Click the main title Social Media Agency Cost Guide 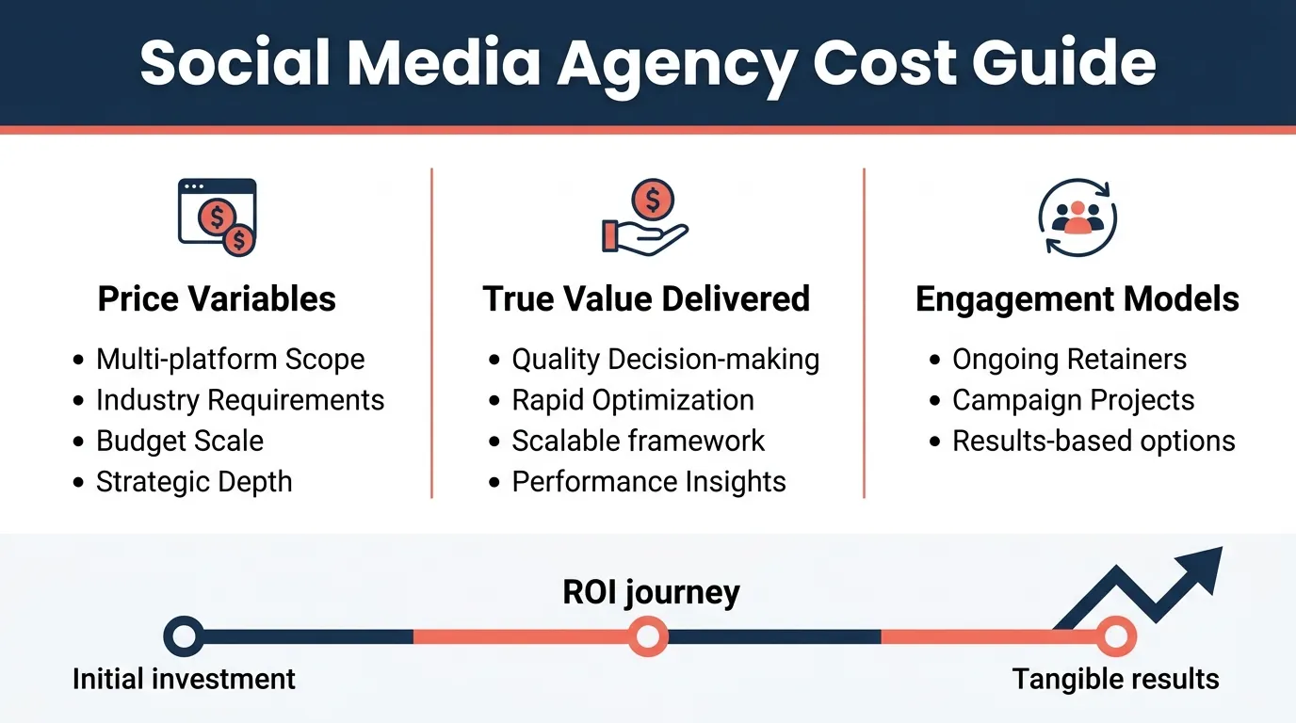tap(648, 63)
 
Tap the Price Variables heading tap(217, 299)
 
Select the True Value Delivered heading tap(646, 299)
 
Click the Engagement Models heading tap(1077, 299)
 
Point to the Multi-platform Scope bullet tap(230, 359)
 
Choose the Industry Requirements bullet tap(240, 400)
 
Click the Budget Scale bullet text tap(180, 441)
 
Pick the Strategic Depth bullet tap(194, 482)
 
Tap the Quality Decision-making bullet tap(665, 359)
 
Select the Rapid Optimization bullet tap(632, 400)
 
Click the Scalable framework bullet tap(638, 441)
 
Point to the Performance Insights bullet tap(648, 482)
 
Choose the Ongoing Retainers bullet tap(1069, 359)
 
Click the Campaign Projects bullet tap(1073, 400)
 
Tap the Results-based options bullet tap(1093, 441)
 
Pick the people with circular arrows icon tap(1077, 217)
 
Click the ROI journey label tap(651, 592)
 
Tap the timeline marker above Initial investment tap(184, 636)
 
